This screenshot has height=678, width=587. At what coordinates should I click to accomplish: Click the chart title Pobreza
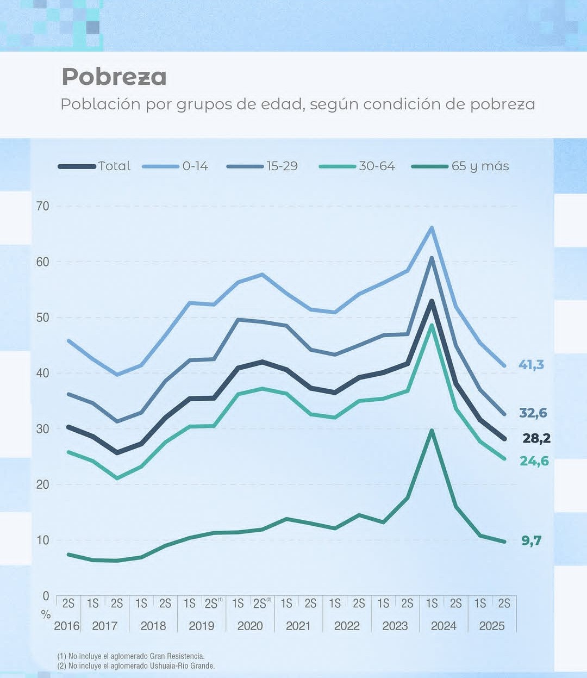114,77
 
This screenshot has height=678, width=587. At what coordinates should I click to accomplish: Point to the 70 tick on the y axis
43,206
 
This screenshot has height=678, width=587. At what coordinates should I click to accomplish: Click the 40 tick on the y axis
43,373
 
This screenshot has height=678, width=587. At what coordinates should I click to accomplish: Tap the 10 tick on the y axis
43,540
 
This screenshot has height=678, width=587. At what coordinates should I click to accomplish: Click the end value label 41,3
531,365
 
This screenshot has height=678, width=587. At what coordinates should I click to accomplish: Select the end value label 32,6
533,413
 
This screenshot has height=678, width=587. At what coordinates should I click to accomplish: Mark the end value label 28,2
536,438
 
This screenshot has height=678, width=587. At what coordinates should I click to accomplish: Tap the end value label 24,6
534,462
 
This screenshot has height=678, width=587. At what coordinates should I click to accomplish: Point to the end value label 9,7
532,541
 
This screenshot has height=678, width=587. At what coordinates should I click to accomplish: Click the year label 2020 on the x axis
250,626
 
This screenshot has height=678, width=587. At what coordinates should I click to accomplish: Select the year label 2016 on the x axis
67,626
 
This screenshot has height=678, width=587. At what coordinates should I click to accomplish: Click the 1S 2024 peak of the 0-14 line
432,227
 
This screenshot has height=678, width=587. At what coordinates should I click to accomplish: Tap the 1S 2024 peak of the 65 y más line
432,431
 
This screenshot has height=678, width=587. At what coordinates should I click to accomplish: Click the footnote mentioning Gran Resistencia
131,656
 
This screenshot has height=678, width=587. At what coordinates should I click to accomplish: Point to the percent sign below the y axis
46,615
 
